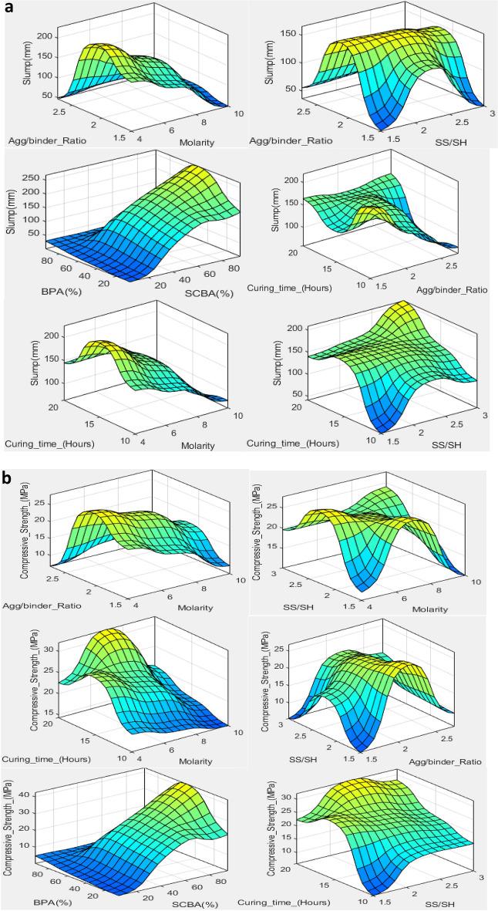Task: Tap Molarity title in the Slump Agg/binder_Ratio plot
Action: point(197,142)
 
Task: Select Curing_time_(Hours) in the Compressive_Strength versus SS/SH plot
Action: point(284,902)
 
